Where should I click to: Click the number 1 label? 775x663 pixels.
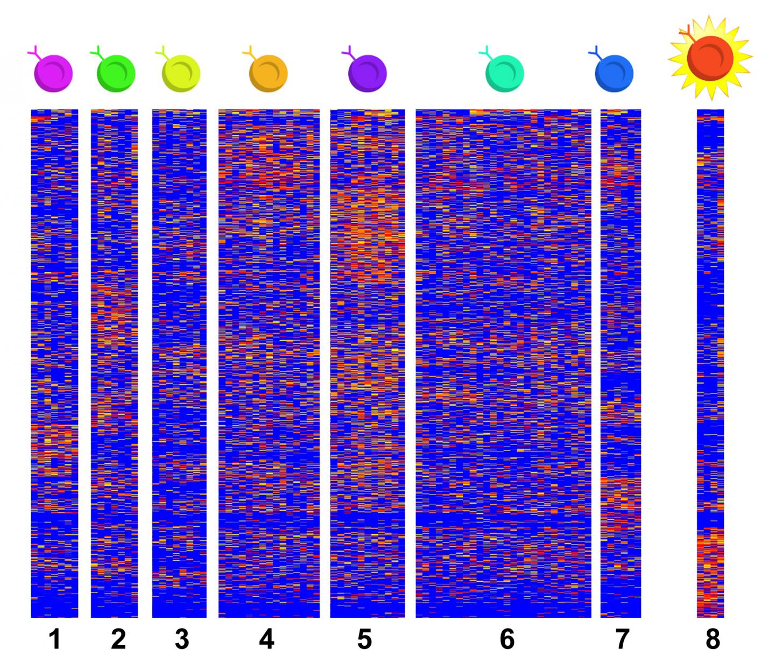tap(55, 639)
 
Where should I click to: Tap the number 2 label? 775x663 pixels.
tap(118, 639)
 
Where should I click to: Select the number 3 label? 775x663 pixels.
tap(182, 639)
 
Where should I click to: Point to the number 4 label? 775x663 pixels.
tap(267, 639)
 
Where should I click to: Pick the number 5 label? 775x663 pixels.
tap(364, 639)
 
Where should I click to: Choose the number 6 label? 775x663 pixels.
tap(507, 639)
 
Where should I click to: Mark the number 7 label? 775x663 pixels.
tap(622, 639)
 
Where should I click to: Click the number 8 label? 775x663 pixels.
tap(712, 639)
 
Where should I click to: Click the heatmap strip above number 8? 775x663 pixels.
tap(710, 363)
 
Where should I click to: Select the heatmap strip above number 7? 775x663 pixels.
tap(621, 363)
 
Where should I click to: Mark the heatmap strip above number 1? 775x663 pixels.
tap(54, 363)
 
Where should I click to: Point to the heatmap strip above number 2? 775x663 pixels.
tap(114, 363)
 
